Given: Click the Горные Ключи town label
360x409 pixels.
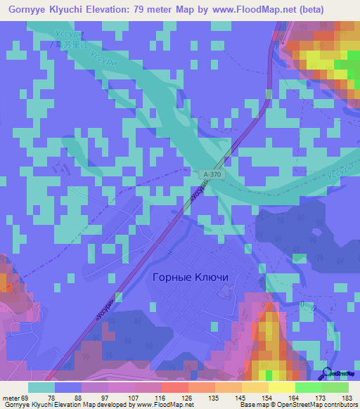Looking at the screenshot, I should tap(190, 277).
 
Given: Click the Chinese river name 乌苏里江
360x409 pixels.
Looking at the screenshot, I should tap(68, 44).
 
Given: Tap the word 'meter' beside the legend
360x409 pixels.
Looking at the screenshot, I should tap(11, 397).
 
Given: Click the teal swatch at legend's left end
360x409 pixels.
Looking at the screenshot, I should tap(41, 387).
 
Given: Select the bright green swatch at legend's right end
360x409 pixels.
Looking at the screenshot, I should tap(335, 387).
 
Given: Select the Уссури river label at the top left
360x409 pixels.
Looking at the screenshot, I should tap(68, 33).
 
